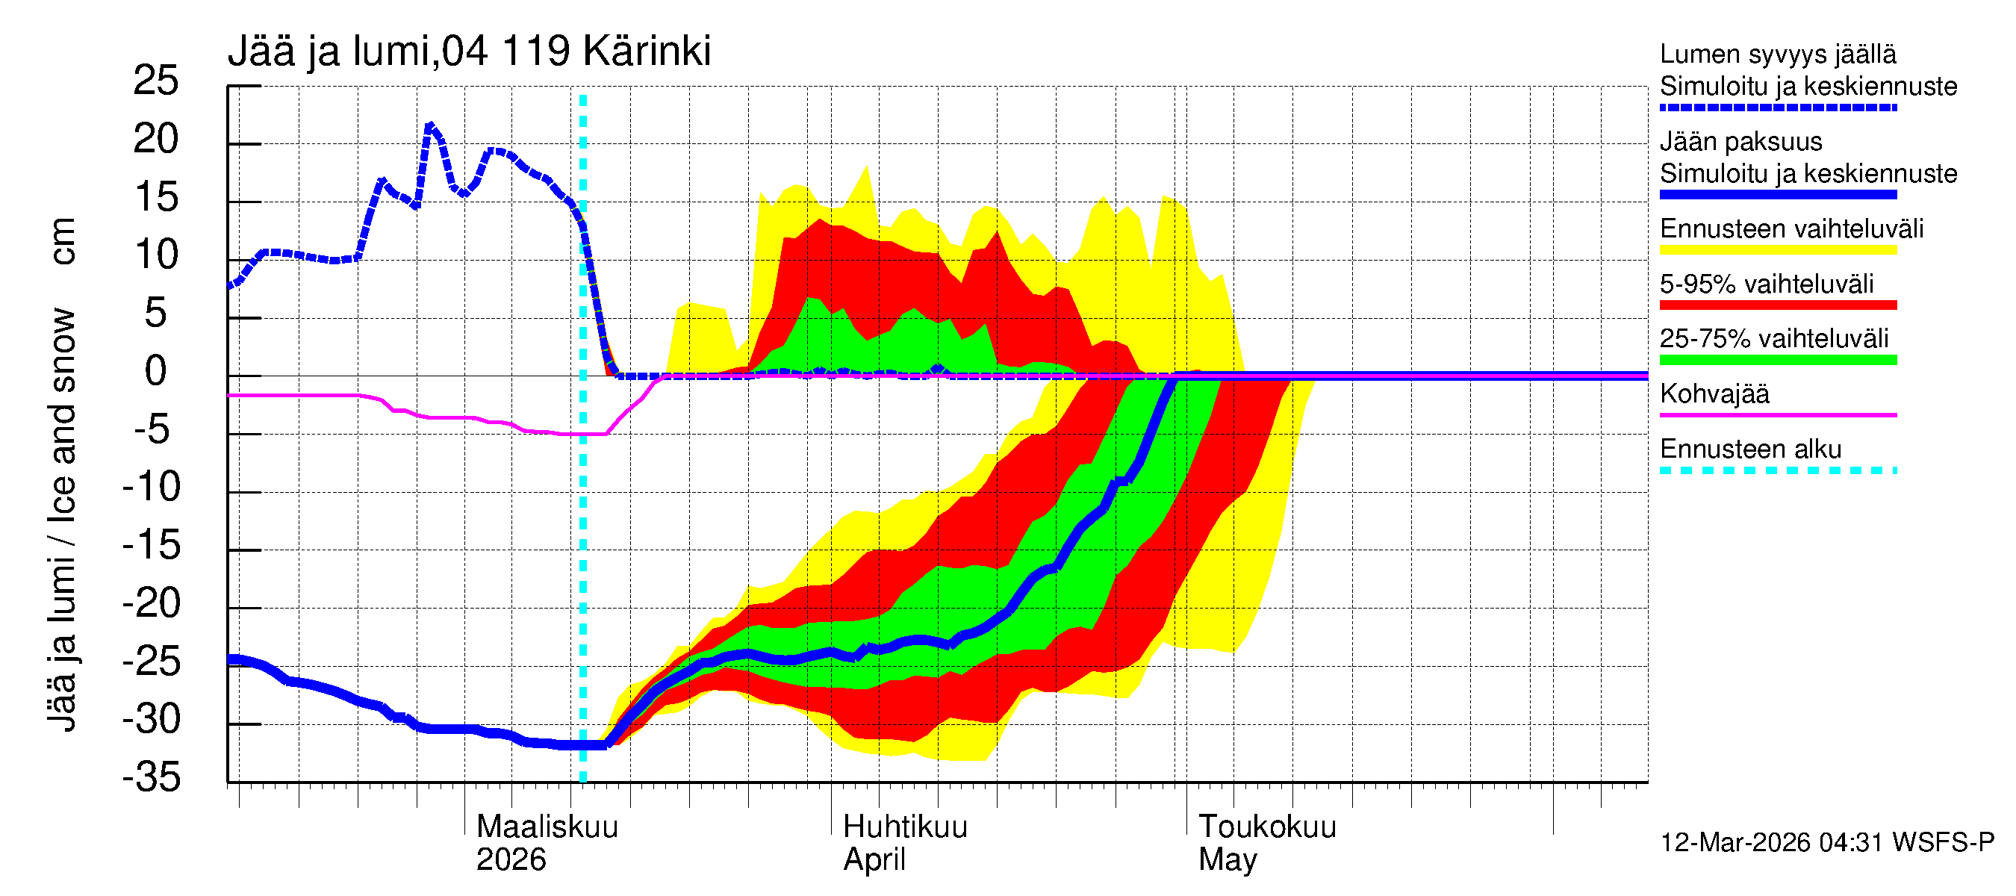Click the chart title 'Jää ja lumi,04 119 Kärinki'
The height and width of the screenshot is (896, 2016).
tap(469, 52)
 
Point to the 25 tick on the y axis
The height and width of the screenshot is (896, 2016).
tap(156, 81)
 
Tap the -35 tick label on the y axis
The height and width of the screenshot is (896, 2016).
tap(152, 777)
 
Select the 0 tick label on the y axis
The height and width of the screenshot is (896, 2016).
tap(156, 371)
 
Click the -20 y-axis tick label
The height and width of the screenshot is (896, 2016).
tap(152, 603)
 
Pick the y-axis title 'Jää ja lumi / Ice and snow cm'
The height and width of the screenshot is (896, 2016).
tap(61, 474)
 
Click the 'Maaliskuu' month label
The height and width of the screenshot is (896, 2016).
tap(547, 827)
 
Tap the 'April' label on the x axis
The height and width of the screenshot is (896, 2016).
tap(874, 860)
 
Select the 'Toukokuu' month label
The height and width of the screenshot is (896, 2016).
tap(1267, 827)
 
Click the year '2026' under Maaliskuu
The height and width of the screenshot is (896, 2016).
tap(511, 860)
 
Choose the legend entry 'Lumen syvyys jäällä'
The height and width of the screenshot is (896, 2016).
tap(1778, 54)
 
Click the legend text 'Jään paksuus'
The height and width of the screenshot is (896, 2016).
tap(1741, 142)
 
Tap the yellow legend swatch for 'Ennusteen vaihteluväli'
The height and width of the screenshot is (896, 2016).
tap(1778, 250)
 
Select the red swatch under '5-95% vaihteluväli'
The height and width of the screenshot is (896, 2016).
tap(1778, 305)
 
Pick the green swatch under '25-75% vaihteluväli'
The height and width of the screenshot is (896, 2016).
tap(1778, 360)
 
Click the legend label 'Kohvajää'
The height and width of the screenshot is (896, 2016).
tap(1714, 393)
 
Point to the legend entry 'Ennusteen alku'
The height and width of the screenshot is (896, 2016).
tap(1751, 449)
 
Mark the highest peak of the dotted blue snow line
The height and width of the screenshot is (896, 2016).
tap(429, 125)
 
